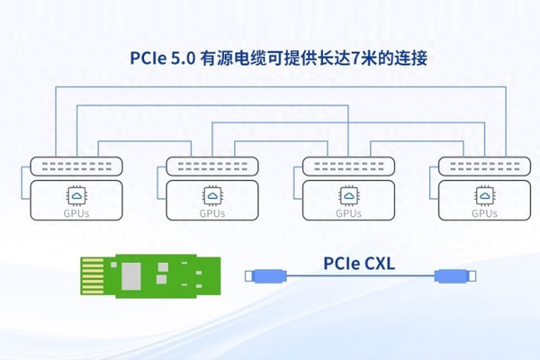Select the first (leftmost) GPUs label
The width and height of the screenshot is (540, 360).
[76, 214]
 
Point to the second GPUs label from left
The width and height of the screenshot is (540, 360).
[212, 214]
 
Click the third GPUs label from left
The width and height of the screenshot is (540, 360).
[348, 214]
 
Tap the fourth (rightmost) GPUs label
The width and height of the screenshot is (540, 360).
[485, 214]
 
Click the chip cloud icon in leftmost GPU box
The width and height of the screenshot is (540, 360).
[76, 195]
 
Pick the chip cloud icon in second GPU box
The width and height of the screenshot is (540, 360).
[212, 195]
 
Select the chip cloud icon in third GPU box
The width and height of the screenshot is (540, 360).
[348, 195]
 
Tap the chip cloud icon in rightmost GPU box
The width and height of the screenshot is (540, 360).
[485, 195]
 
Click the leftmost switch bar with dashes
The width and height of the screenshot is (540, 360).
[76, 166]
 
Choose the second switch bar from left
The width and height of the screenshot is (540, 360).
[212, 166]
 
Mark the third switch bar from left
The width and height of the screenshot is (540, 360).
[348, 166]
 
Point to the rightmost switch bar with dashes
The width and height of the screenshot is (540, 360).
[485, 166]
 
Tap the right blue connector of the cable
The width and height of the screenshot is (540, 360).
[450, 277]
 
